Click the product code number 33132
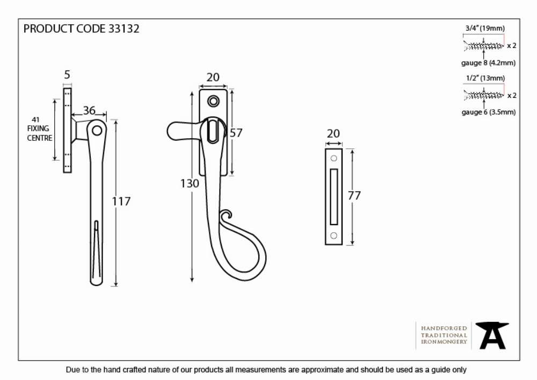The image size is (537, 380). coord(124,29)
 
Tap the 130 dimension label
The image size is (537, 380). coord(190,184)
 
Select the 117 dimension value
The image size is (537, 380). coord(121,202)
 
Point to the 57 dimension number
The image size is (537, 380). coord(236,133)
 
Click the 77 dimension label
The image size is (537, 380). coord(354,196)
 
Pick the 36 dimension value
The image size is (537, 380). coord(89,110)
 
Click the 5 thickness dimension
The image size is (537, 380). coord(67,75)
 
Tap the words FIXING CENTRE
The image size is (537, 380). coord(40,133)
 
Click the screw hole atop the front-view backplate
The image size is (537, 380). coord(213,101)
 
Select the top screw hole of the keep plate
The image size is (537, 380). coord(333,159)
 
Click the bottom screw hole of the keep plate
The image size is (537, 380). coord(333,235)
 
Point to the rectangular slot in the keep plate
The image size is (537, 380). coord(333,197)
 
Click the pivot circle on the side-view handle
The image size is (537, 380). coord(97,131)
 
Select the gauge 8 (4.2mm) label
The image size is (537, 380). coord(488,63)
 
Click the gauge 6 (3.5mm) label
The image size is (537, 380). coord(488,112)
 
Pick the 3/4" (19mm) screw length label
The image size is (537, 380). coord(485,28)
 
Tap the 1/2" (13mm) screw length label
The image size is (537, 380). coord(485,78)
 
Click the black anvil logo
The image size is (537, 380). coord(492,335)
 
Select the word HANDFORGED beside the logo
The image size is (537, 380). coord(444,328)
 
